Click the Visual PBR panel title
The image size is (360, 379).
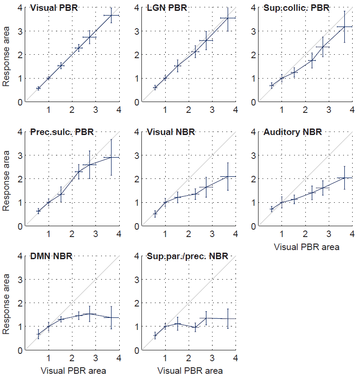(54, 8)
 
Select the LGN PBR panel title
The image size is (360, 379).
(167, 8)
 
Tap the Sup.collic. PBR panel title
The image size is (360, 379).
(296, 8)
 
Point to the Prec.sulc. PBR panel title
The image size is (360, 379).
(62, 132)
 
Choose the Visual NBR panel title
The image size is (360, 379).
(171, 132)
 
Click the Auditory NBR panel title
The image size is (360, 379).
(293, 132)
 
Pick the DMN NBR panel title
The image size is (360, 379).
(51, 256)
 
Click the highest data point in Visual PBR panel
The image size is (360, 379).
(111, 15)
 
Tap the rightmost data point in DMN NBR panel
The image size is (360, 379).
(111, 317)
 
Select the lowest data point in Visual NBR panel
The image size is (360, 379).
(155, 214)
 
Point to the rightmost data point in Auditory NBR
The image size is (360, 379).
(345, 178)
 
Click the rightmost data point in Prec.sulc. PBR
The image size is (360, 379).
(111, 157)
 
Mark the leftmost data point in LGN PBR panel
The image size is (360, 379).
(155, 87)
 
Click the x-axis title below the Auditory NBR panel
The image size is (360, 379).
(307, 247)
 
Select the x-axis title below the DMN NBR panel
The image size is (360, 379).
(73, 371)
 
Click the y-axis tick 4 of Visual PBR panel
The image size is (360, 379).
(20, 8)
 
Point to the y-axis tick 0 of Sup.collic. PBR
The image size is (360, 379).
(253, 102)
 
